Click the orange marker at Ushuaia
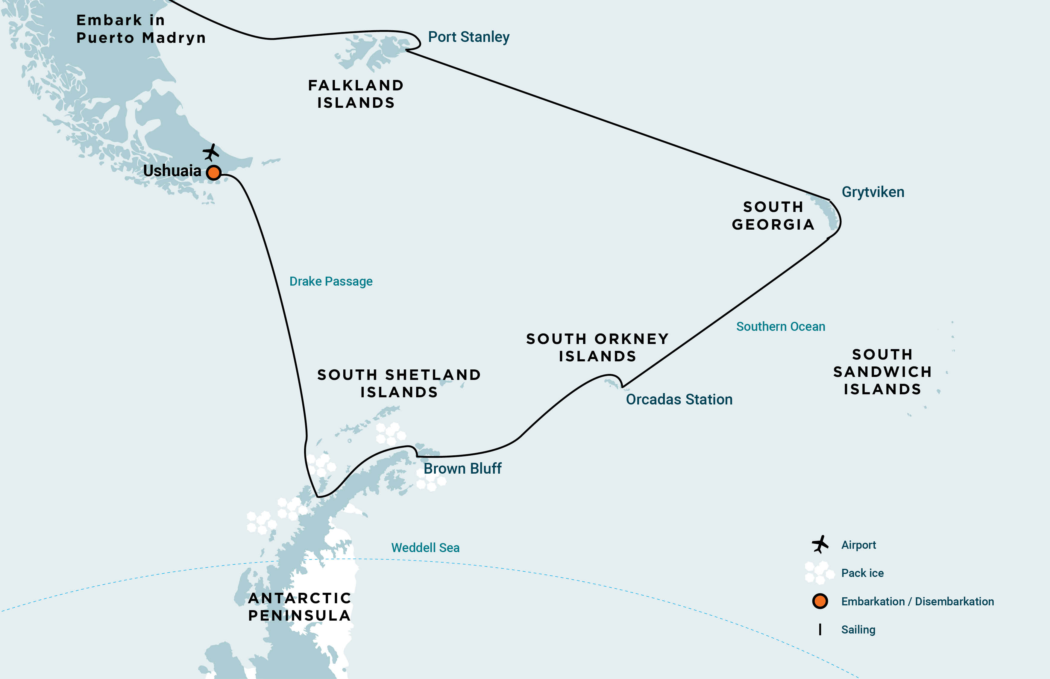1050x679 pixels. (214, 172)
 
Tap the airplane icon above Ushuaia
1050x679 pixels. (211, 152)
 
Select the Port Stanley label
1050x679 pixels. (468, 37)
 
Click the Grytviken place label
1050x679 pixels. (873, 192)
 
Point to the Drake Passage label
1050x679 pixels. (331, 281)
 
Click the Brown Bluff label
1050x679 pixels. (462, 468)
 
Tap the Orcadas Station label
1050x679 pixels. (679, 399)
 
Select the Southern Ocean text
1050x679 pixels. (780, 327)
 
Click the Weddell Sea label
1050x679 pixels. (425, 548)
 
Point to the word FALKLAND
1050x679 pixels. (356, 86)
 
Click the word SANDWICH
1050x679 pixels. (882, 372)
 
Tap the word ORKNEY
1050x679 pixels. (631, 339)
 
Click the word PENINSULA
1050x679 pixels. (299, 616)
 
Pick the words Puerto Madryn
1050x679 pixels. (141, 38)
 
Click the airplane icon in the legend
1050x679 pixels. (820, 545)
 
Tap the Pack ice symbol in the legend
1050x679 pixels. (819, 573)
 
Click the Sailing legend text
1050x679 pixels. (858, 630)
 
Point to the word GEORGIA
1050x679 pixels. (773, 225)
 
